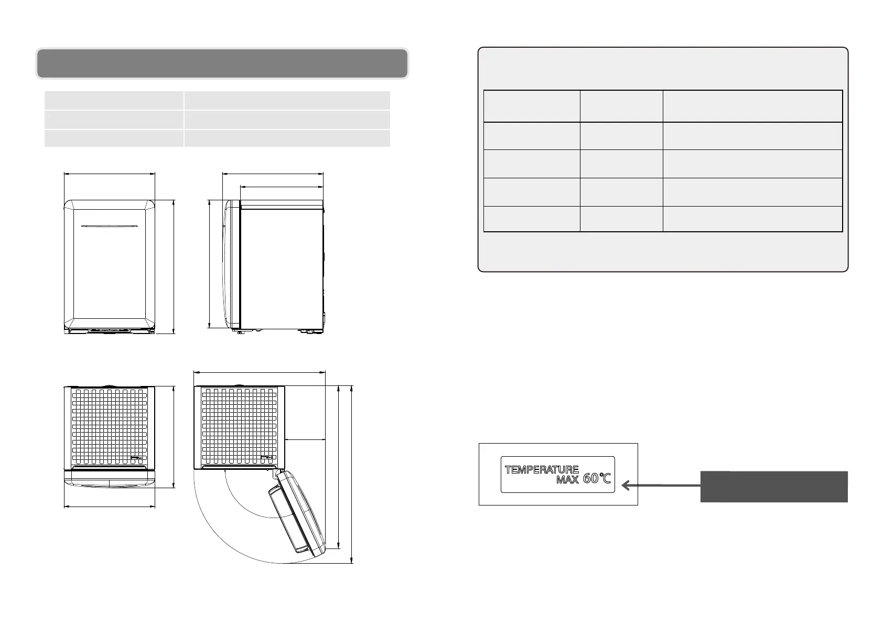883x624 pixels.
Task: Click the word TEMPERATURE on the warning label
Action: coord(542,469)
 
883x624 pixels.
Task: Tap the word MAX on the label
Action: coord(568,480)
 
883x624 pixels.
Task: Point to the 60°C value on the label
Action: coord(597,479)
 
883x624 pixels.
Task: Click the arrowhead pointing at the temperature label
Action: coord(626,486)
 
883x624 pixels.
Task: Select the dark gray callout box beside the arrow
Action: coord(773,487)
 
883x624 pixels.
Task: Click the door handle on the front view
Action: coord(110,227)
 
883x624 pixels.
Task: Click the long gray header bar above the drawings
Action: coord(222,63)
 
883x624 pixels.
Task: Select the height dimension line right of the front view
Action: coord(174,266)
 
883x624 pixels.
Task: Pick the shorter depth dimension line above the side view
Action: coord(282,186)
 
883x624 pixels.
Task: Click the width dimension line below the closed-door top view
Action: coord(110,507)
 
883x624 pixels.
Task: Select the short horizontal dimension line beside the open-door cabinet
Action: coord(306,439)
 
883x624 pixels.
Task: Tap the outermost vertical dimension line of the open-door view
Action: coord(352,474)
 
